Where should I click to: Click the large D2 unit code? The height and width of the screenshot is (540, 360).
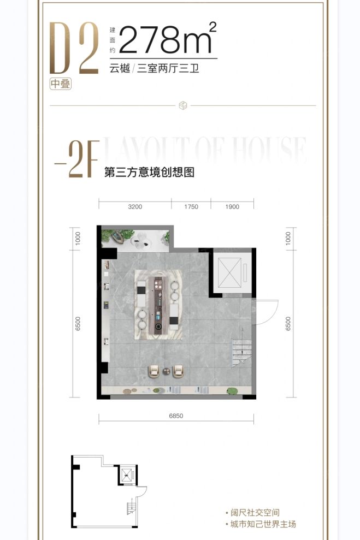click(x=74, y=48)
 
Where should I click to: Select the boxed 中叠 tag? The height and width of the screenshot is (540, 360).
click(x=61, y=84)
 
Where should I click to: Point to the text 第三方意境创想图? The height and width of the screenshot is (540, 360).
click(x=150, y=173)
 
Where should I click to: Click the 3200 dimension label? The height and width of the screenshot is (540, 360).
click(x=135, y=207)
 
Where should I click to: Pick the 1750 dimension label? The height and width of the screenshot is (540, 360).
click(x=191, y=207)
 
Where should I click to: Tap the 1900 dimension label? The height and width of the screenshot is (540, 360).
click(x=232, y=207)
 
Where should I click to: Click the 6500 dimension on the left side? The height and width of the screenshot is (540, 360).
click(x=78, y=324)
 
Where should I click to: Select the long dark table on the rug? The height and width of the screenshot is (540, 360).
click(x=158, y=304)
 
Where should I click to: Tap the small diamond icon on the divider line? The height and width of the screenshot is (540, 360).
click(x=183, y=105)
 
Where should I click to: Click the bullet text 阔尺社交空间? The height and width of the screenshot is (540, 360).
click(x=254, y=513)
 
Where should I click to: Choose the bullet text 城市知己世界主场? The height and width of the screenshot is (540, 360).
click(x=262, y=524)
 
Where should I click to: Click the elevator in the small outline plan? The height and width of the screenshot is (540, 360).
click(x=128, y=474)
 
